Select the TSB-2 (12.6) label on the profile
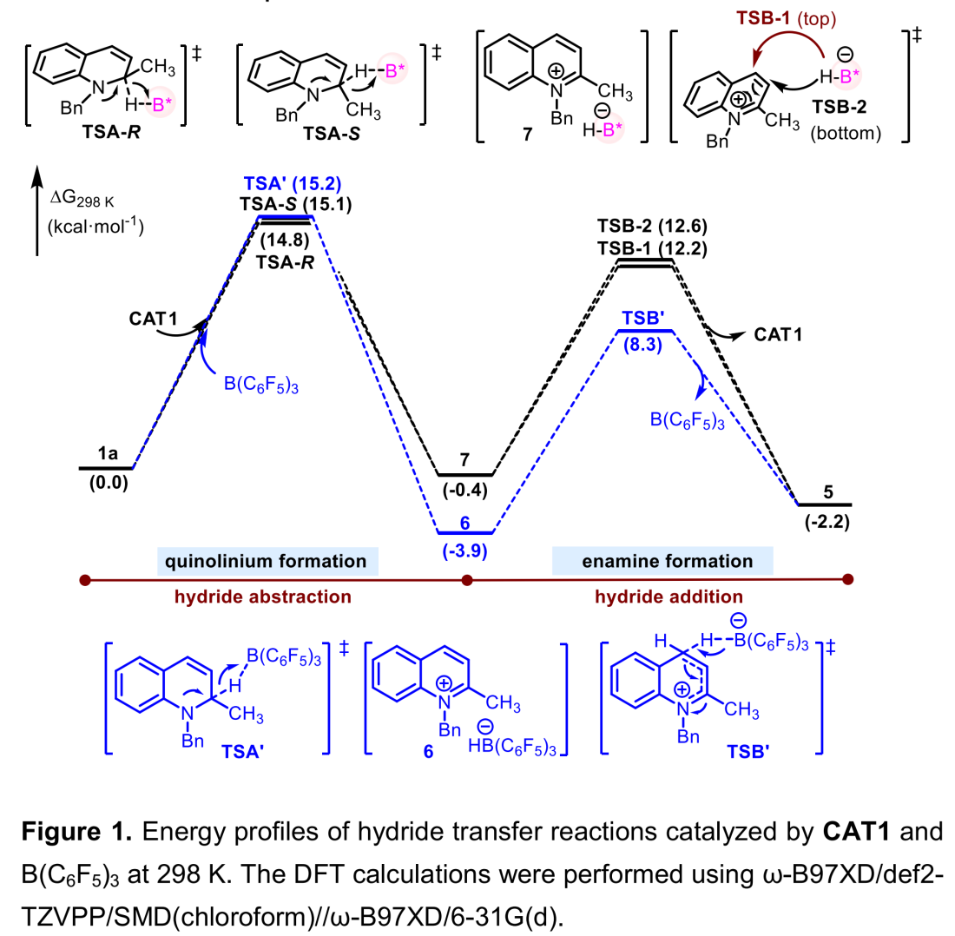[x=649, y=228]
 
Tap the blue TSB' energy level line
[x=644, y=331]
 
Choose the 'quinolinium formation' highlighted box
[x=268, y=561]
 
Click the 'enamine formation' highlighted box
[x=662, y=561]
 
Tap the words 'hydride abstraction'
[x=268, y=597]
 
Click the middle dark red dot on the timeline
[x=466, y=579]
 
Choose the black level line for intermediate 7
[x=464, y=475]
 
